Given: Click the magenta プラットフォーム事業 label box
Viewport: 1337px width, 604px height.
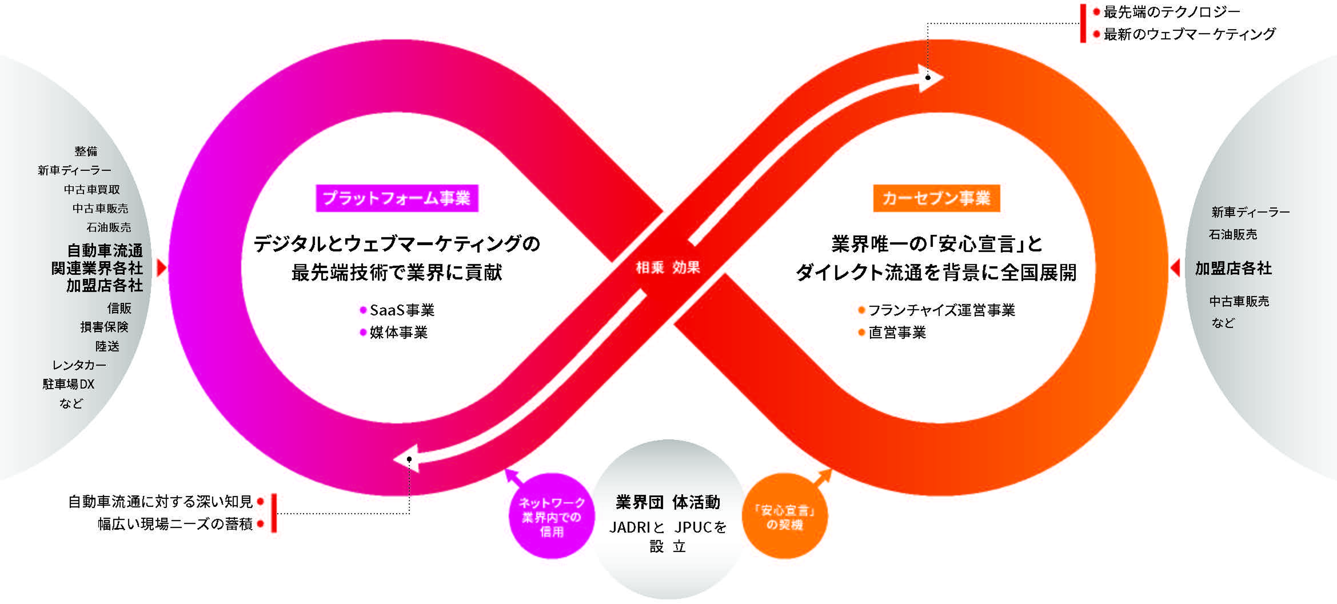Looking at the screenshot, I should tap(397, 198).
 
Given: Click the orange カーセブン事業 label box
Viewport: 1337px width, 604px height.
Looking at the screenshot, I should tap(936, 198).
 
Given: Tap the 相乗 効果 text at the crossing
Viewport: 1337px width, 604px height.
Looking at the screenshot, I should tap(668, 267).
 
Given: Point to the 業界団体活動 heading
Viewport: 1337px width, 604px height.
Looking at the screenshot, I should tap(668, 502).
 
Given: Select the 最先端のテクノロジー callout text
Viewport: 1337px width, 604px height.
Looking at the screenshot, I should tap(1171, 11).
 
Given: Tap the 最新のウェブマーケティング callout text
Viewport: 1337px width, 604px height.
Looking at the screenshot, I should tap(1189, 34).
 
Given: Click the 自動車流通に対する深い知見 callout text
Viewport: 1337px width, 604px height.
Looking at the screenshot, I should tap(160, 502).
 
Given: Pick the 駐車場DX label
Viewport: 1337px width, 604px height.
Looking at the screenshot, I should tap(69, 384).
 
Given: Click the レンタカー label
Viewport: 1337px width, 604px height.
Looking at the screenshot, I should tap(79, 365).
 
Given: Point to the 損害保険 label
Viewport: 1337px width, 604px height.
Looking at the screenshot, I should tap(104, 327).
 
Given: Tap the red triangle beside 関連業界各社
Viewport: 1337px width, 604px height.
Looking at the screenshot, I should tap(161, 268).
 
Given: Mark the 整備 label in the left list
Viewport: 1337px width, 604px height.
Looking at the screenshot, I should tap(86, 151).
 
